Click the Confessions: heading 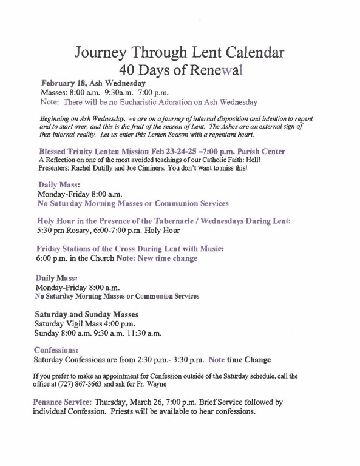tap(56, 350)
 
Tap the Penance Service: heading tap(63, 402)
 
